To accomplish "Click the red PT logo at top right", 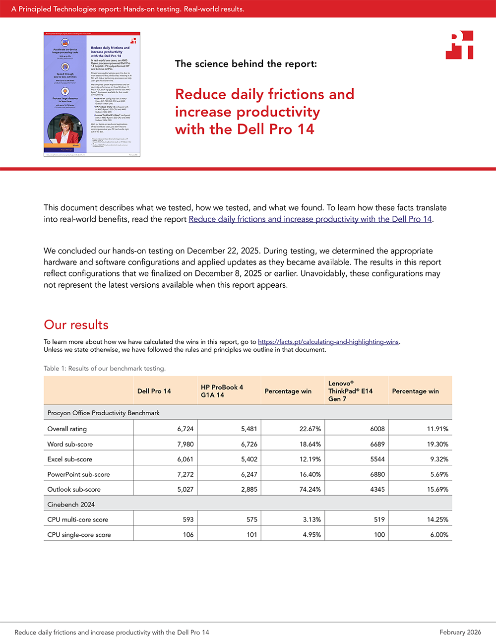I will tap(460, 45).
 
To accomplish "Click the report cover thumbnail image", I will tap(92, 94).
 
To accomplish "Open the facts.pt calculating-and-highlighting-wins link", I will tap(328, 342).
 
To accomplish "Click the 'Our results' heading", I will tap(76, 325).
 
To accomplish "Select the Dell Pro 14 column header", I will tap(154, 391).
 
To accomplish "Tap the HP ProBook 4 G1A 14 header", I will tap(222, 391).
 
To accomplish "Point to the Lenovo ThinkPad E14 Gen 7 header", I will tap(350, 391).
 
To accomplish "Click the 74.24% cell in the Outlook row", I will tap(310, 489).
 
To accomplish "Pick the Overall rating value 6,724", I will tap(185, 429).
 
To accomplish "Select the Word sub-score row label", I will tap(70, 444).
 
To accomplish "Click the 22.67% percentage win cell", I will tap(310, 429).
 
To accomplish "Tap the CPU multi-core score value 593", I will tap(188, 519).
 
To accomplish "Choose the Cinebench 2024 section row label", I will tap(71, 505).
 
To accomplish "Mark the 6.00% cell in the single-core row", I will tap(438, 535).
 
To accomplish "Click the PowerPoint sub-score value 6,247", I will tap(249, 474).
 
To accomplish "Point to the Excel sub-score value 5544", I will tap(377, 459).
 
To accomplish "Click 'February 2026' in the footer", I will tap(460, 632).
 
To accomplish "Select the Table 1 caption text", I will tap(105, 368).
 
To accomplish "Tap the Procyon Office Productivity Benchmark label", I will tap(103, 413).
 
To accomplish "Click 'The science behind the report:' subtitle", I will tap(246, 64).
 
